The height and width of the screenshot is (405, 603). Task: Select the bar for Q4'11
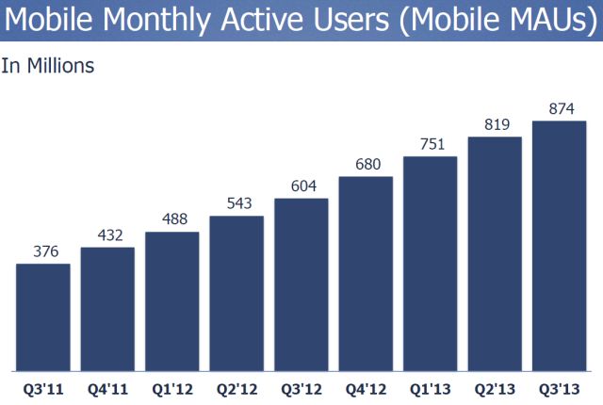coord(107,308)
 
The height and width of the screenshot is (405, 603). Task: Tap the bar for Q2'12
coord(236,293)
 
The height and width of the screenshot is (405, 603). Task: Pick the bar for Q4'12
coord(366,273)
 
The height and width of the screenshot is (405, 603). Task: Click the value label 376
coord(43,251)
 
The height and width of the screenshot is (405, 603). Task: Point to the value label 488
coord(171,219)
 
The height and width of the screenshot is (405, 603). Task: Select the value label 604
coord(301,186)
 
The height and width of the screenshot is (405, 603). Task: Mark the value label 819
coord(495,123)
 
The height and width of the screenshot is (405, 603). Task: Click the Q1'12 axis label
coord(171,386)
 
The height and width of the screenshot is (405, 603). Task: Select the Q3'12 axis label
coord(301,386)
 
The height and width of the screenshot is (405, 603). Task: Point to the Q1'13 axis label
coord(430,386)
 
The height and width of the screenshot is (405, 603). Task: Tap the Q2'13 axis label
coord(495,386)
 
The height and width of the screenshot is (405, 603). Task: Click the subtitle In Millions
coord(48,66)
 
